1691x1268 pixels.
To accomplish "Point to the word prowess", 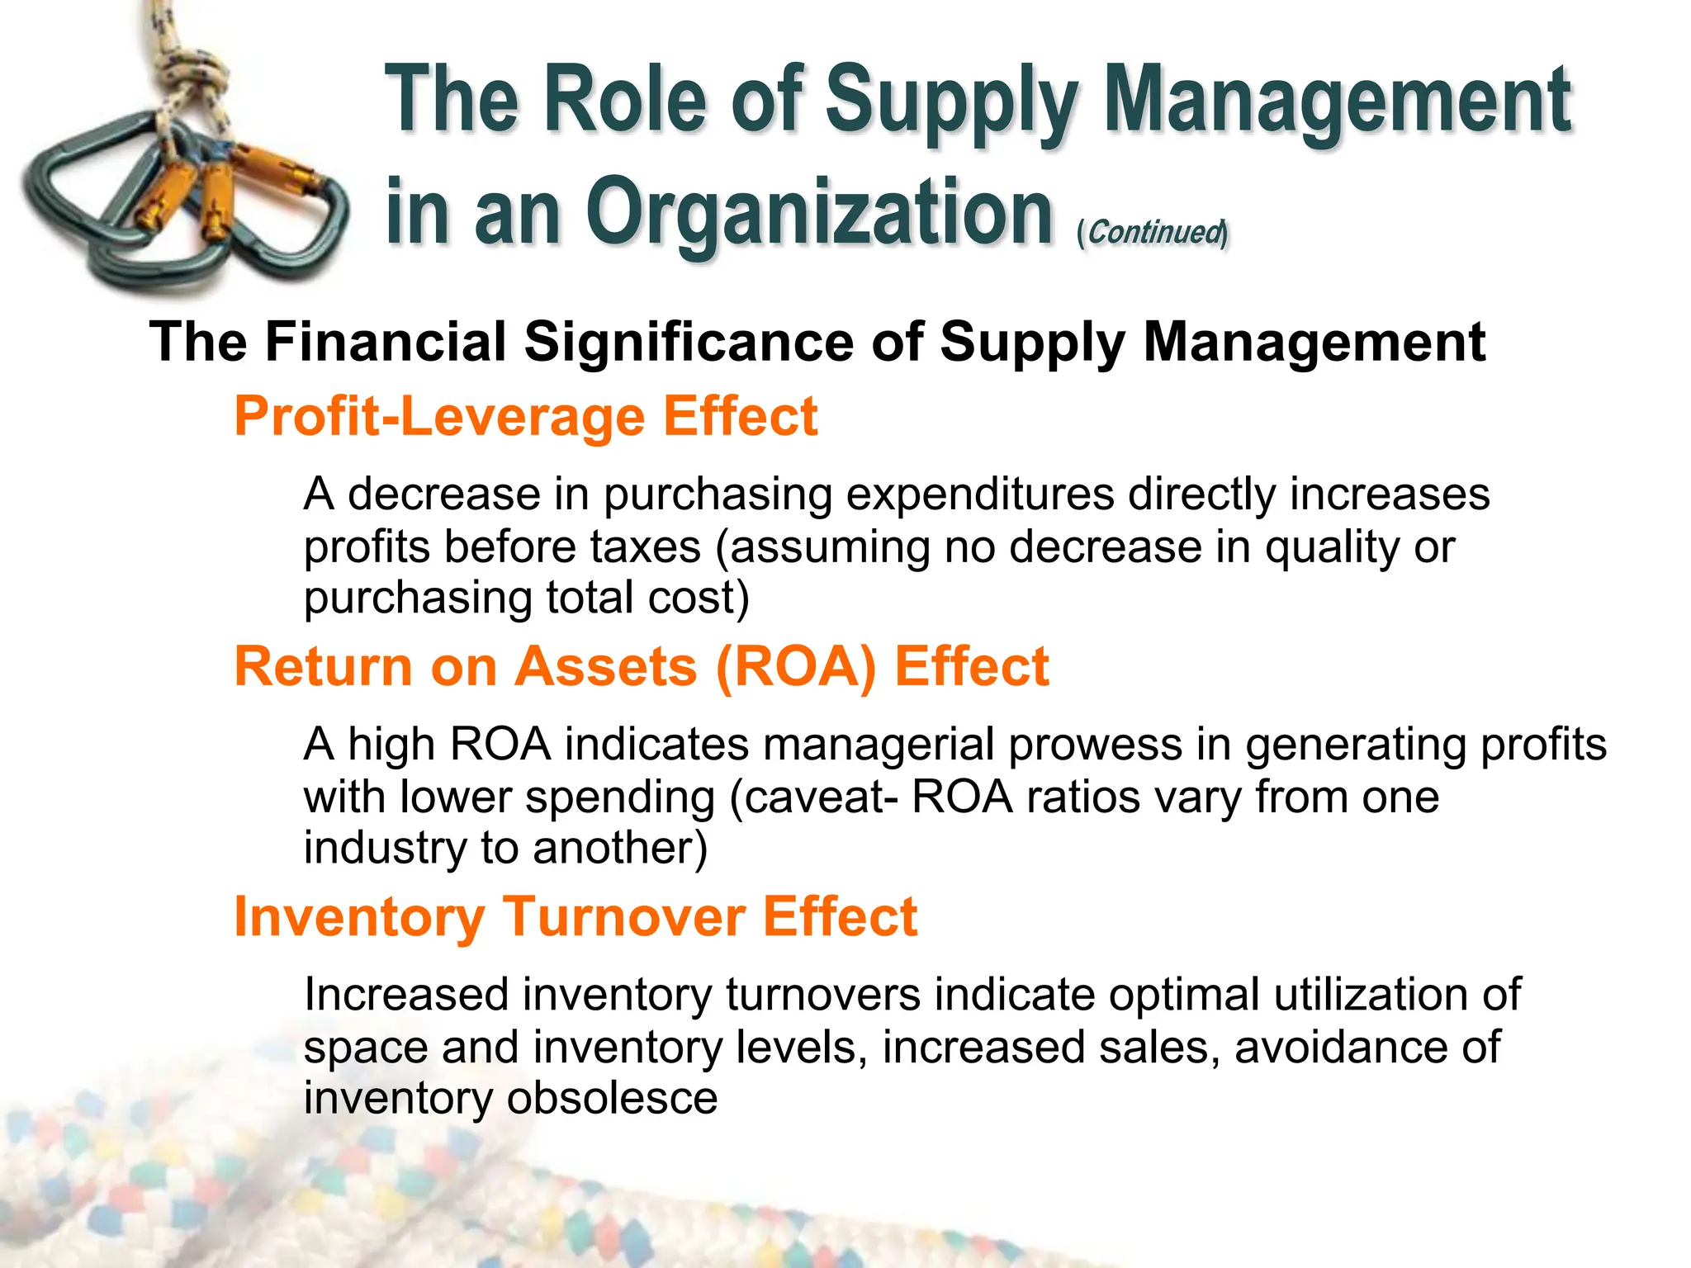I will pyautogui.click(x=1095, y=745).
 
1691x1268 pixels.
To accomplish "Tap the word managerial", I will pyautogui.click(x=878, y=745).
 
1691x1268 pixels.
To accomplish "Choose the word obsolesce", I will pyautogui.click(x=612, y=1098).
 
